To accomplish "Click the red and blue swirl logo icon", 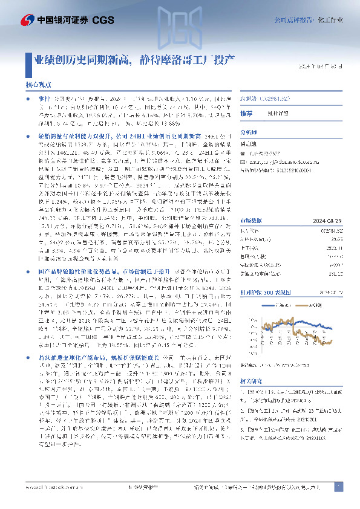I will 12,20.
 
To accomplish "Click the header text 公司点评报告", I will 301,19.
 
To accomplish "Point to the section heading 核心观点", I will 38,85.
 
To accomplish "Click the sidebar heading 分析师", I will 249,130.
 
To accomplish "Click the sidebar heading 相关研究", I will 250,383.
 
